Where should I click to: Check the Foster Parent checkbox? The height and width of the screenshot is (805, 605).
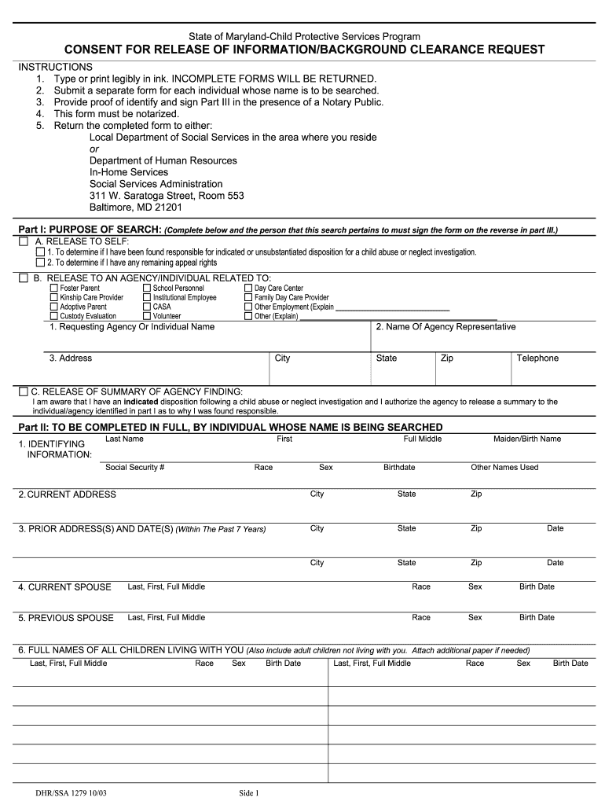point(54,289)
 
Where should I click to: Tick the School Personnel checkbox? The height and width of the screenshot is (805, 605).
point(147,289)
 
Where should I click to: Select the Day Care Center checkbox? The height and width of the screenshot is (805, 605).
point(248,289)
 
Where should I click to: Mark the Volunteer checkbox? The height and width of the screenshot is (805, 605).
point(147,316)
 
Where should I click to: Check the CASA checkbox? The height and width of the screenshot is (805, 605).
point(147,307)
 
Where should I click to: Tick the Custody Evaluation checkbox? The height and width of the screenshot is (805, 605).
point(54,316)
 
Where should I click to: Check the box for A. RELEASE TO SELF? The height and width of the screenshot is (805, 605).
point(24,241)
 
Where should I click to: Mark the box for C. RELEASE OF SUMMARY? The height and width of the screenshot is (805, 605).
point(24,391)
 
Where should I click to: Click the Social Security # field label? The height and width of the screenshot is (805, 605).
point(134,467)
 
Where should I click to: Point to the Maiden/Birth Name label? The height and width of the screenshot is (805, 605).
point(526,439)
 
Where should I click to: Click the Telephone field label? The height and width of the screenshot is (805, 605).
point(537,358)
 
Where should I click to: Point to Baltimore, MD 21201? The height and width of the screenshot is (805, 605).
point(135,208)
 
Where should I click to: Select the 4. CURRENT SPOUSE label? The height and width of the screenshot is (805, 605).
point(65,587)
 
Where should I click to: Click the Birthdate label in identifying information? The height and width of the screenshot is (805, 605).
point(399,467)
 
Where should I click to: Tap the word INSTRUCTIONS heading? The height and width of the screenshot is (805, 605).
point(56,67)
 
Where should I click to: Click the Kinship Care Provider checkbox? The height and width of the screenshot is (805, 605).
point(54,298)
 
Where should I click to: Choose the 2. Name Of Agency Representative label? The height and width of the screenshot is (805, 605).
point(445,327)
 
